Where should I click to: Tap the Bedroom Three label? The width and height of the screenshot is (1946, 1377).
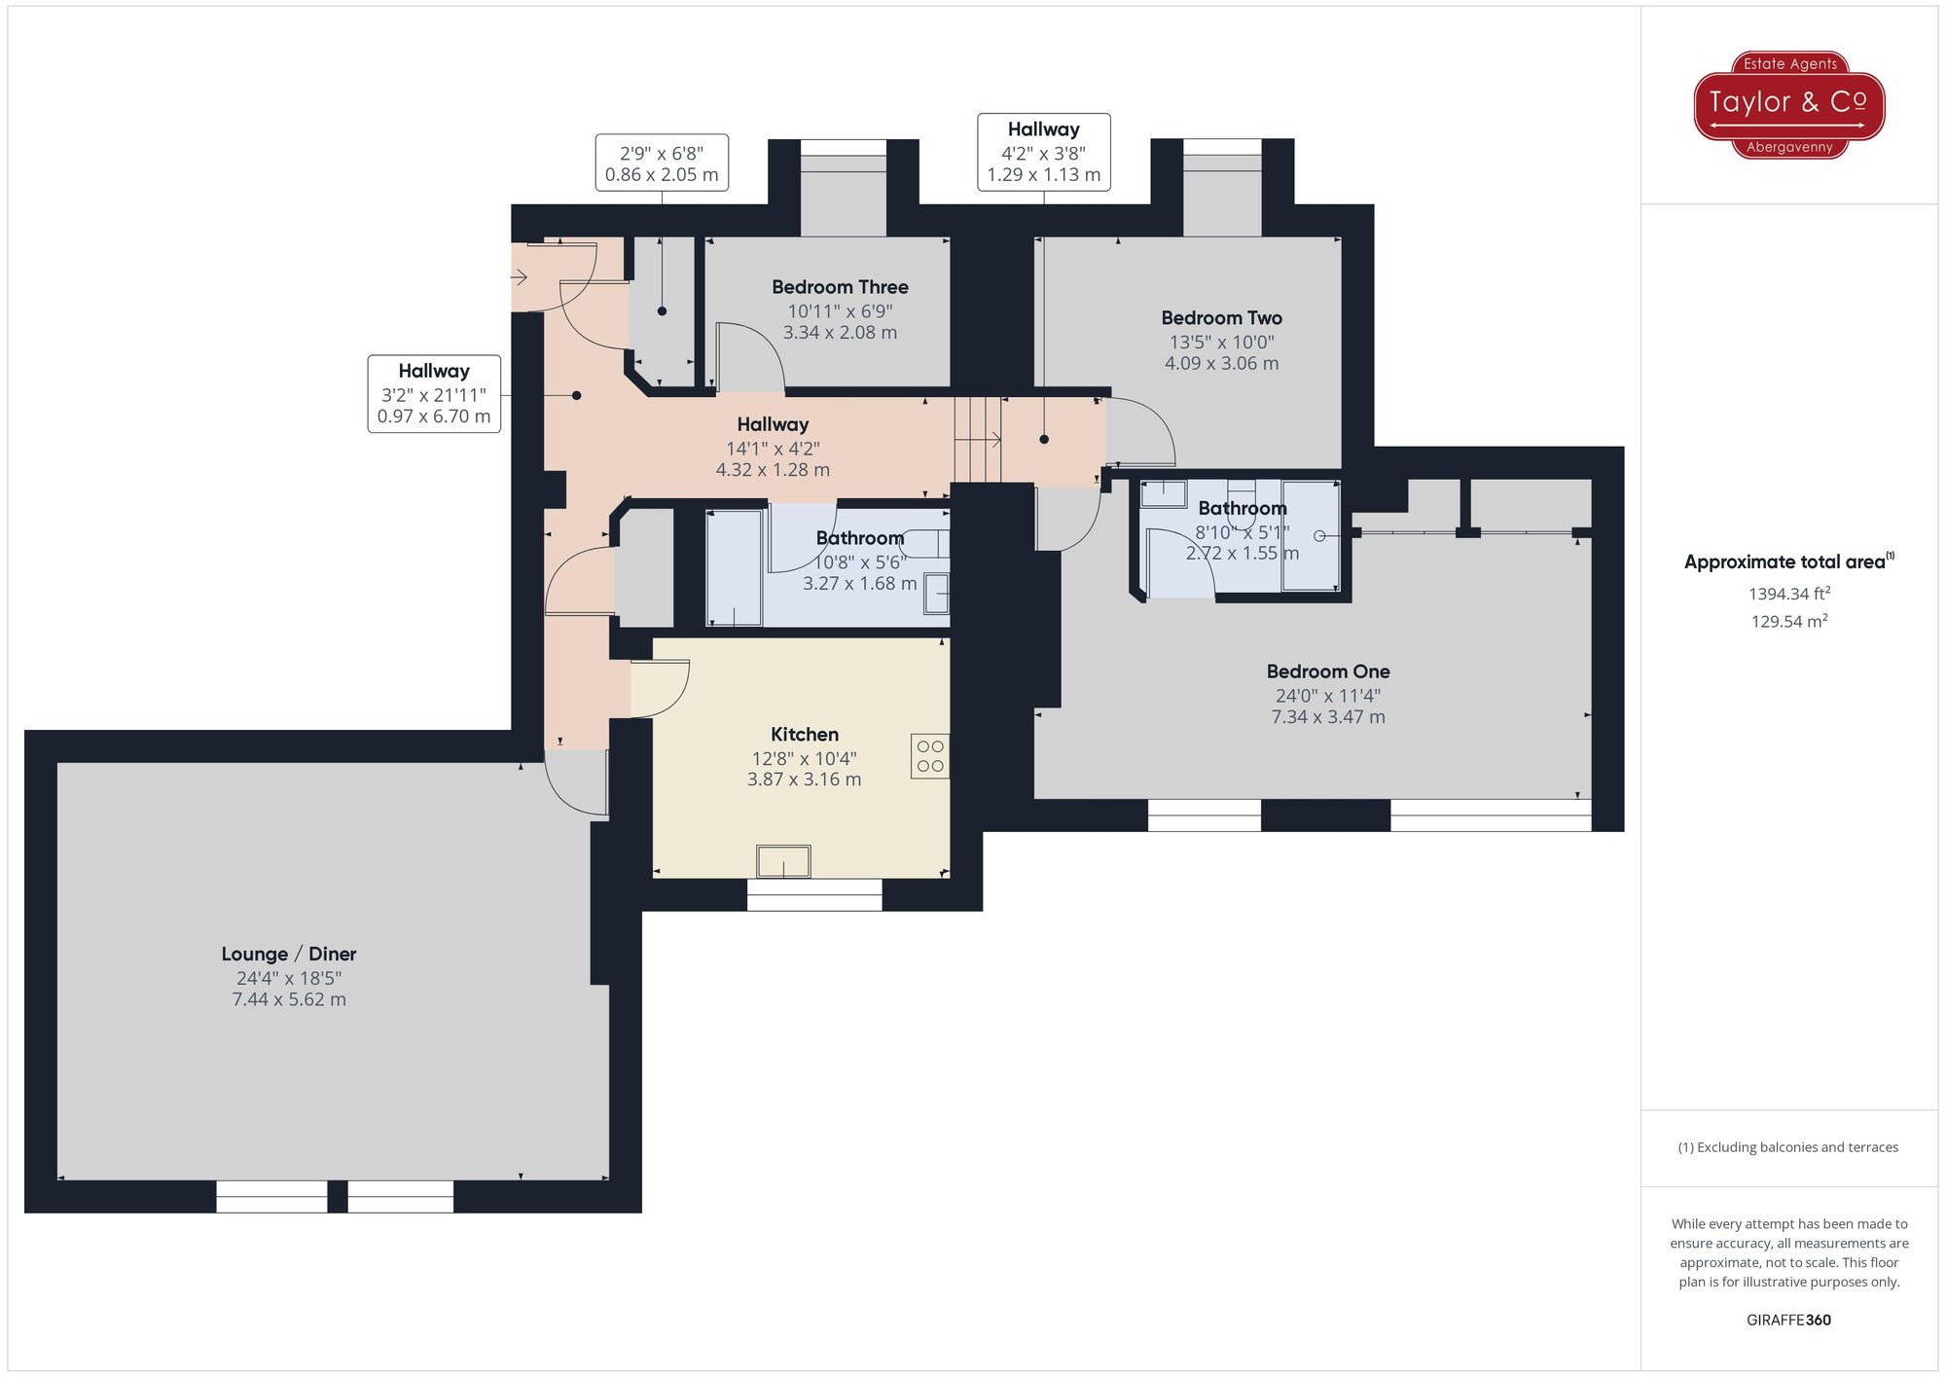point(840,287)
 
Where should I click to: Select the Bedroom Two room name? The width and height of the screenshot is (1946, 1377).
point(1221,318)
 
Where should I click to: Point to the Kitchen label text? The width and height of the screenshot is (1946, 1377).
point(804,735)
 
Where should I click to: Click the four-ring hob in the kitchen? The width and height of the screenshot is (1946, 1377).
point(930,756)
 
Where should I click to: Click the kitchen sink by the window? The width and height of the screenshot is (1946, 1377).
point(783,861)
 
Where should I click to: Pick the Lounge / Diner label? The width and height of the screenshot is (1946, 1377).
point(289,954)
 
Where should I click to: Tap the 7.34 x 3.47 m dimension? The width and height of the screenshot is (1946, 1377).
point(1327,717)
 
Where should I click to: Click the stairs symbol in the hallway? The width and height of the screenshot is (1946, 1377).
point(978,440)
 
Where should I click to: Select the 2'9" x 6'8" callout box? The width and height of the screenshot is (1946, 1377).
point(662,163)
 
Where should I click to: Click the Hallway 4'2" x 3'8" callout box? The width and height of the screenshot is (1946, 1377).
point(1043,153)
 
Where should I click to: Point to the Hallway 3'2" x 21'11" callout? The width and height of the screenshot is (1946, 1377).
point(434,394)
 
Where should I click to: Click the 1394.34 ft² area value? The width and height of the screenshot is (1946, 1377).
point(1788,594)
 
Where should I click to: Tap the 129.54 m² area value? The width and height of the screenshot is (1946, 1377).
point(1788,622)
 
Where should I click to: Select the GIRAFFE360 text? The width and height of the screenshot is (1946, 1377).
point(1788,1321)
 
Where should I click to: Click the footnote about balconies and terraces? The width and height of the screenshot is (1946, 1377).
point(1787,1147)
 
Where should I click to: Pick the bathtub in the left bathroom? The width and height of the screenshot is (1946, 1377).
point(734,567)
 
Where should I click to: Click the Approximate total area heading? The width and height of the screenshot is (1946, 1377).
point(1788,562)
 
